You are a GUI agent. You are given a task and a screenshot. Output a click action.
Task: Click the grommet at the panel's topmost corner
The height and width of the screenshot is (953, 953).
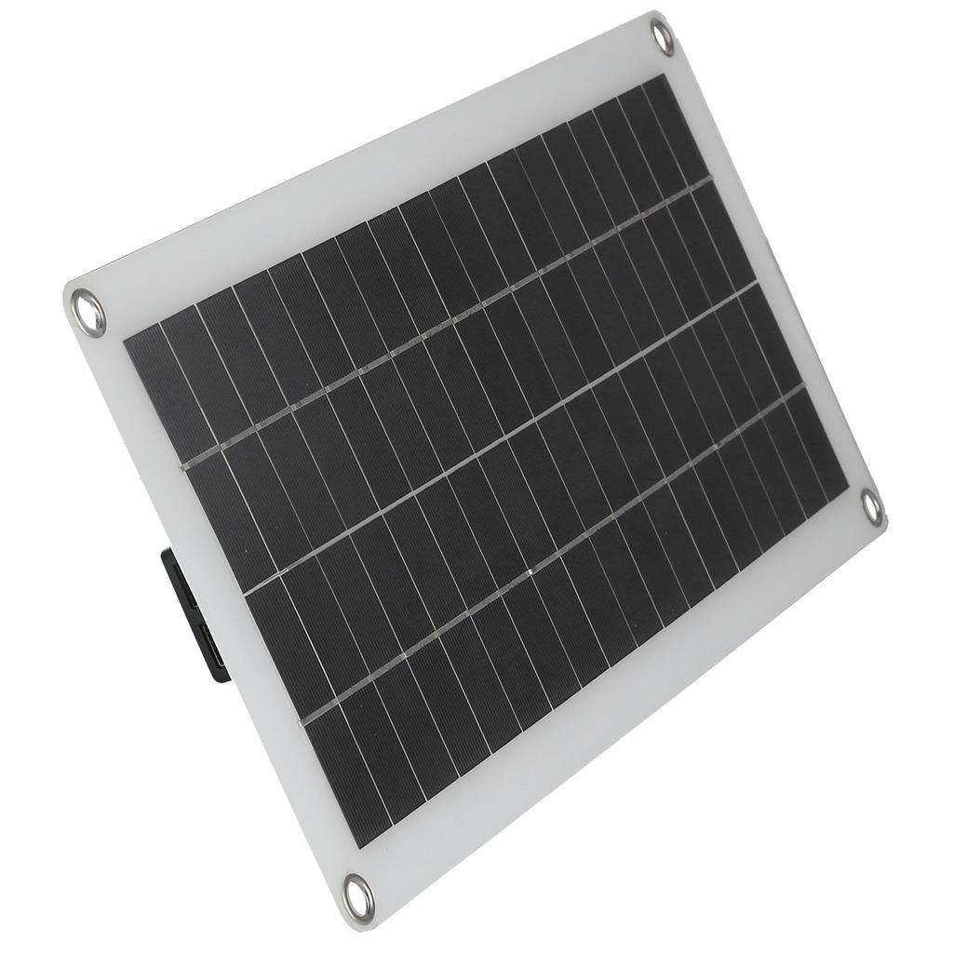pos(663,37)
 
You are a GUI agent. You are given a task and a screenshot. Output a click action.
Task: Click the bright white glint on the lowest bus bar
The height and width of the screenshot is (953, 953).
pos(529,573)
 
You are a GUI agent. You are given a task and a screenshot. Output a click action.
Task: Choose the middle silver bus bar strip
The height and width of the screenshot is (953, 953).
pos(503,437)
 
